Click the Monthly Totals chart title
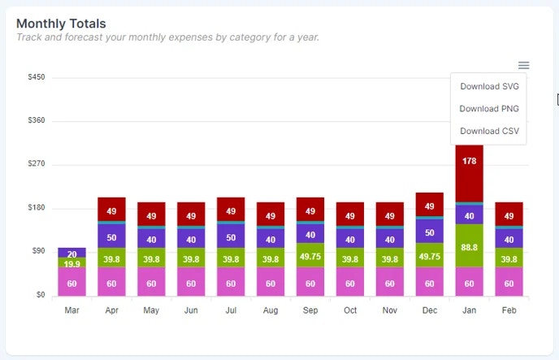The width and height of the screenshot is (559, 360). coord(61,24)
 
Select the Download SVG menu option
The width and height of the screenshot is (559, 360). coord(488,86)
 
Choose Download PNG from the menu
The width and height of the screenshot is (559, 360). coord(488,108)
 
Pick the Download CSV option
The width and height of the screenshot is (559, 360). coord(488,131)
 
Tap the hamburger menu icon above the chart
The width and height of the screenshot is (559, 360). coord(524,65)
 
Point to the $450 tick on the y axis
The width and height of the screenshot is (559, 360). coord(36,77)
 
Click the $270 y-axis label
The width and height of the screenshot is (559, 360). coord(36,164)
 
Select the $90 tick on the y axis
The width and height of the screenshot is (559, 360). coord(37,251)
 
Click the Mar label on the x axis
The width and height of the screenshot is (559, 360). coord(71,310)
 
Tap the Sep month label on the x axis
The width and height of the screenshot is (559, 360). coord(310,310)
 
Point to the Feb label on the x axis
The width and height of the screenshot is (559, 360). coord(509,310)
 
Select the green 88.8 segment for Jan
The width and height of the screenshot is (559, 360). coord(469,246)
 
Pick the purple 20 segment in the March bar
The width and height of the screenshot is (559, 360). coord(71,253)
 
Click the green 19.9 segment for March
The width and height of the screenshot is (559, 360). coord(71,263)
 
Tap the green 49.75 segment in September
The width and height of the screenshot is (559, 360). coord(310,255)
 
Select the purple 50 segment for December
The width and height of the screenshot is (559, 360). coord(429,232)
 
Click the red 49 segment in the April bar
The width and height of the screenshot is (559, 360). coord(111,210)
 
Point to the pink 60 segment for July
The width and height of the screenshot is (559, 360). coord(231,283)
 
